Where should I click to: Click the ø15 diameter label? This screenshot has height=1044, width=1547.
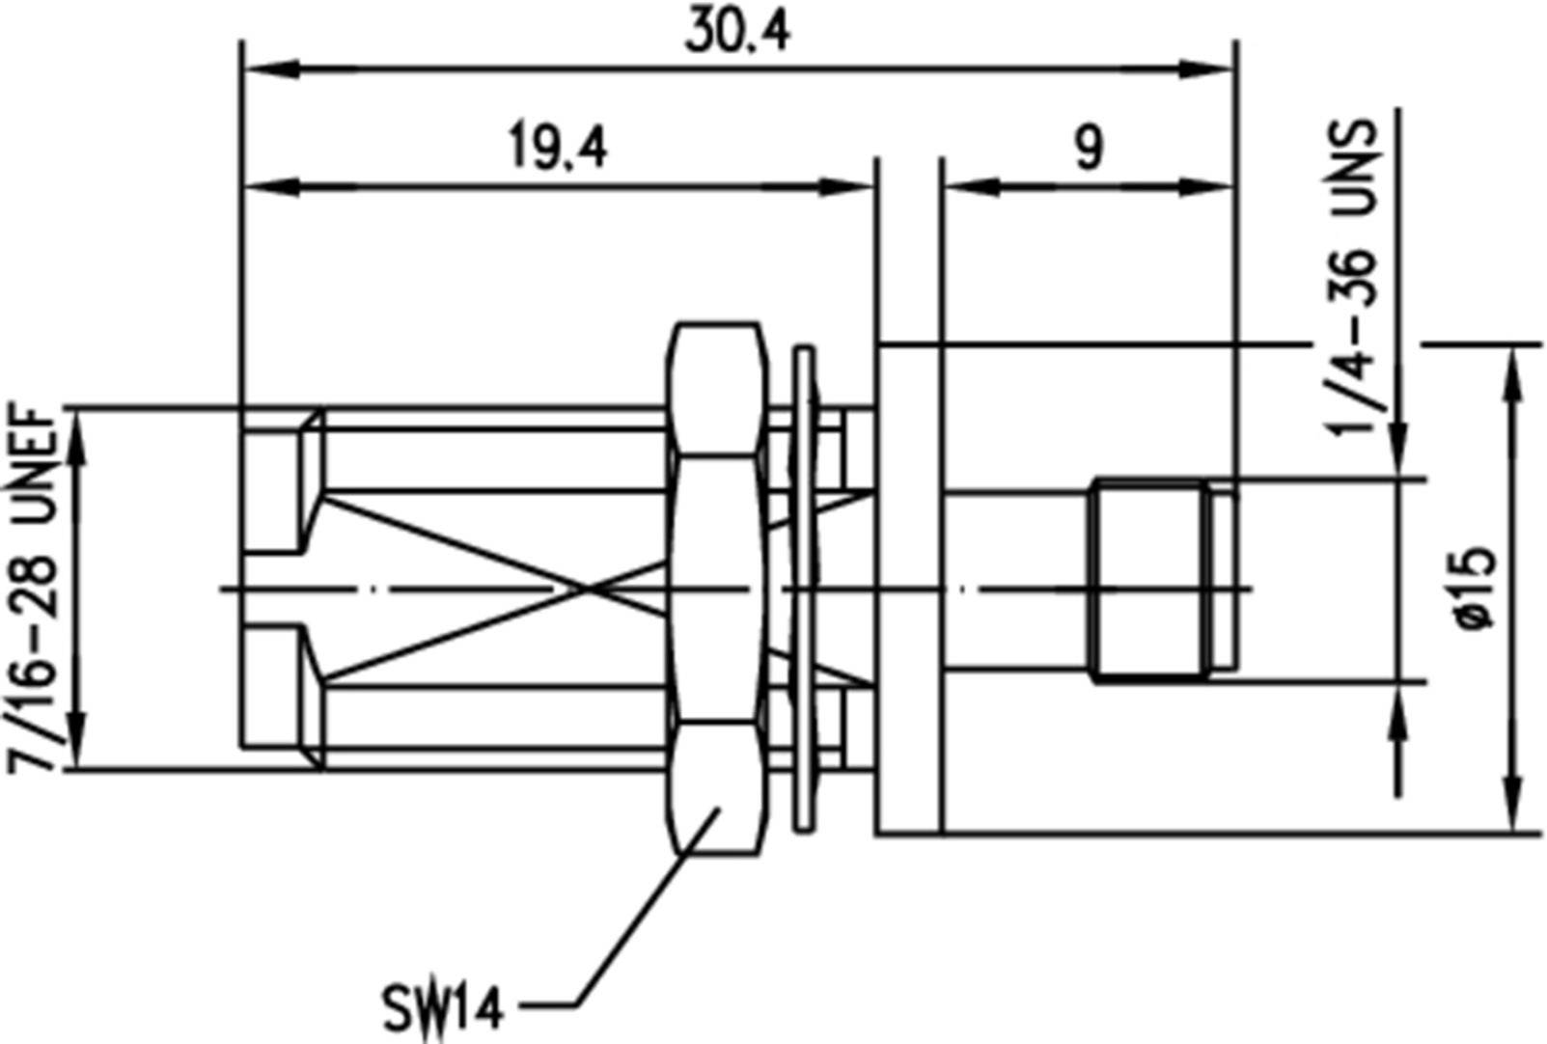1477,589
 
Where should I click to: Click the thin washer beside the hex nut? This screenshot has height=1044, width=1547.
803,589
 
